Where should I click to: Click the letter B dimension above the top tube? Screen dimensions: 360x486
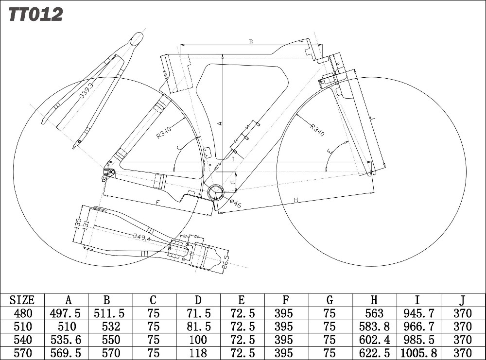[251, 42]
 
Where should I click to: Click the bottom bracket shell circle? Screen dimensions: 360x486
[215, 193]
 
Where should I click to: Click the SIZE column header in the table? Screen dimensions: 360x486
[22, 300]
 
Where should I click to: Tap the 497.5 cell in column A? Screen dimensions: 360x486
[66, 313]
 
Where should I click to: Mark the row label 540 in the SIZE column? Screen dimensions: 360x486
[22, 340]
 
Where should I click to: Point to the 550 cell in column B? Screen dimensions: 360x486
[109, 340]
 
